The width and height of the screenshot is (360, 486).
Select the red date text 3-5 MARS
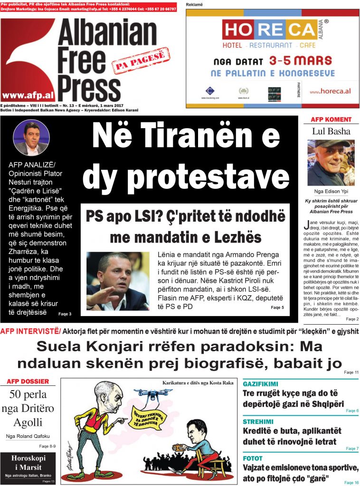point(301,61)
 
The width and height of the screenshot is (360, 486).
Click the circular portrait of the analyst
point(31,138)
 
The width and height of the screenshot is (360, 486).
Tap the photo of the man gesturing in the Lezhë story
point(118,281)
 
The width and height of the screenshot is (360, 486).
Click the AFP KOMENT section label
point(331,120)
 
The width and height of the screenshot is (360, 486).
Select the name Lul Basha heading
point(331,131)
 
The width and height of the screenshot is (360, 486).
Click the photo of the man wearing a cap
point(331,163)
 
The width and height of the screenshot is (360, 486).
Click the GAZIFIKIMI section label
point(260,383)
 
